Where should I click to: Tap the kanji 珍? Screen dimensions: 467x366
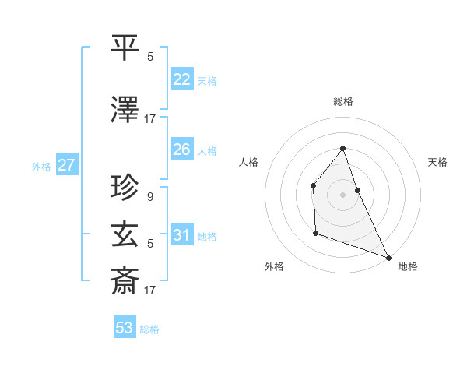[125, 187]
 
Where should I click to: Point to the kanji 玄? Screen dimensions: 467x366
[125, 234]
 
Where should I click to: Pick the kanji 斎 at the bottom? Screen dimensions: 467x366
[125, 281]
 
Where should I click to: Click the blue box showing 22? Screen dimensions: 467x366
[182, 79]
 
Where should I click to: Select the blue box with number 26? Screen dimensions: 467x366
[182, 150]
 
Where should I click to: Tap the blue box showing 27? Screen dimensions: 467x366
[66, 165]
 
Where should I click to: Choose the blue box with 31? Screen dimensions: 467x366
[182, 235]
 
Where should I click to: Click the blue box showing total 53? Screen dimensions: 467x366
[125, 328]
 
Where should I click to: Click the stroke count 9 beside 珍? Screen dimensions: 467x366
[149, 197]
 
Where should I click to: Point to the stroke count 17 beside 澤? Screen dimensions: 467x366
[150, 119]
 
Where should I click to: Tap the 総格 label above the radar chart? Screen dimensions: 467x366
[343, 101]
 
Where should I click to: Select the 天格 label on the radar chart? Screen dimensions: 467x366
[437, 162]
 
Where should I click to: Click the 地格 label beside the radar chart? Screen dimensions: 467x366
[408, 266]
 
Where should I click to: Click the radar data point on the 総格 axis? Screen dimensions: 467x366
[343, 148]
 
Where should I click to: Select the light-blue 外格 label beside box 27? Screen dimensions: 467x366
[41, 166]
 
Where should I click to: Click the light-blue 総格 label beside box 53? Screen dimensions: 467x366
[149, 329]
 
